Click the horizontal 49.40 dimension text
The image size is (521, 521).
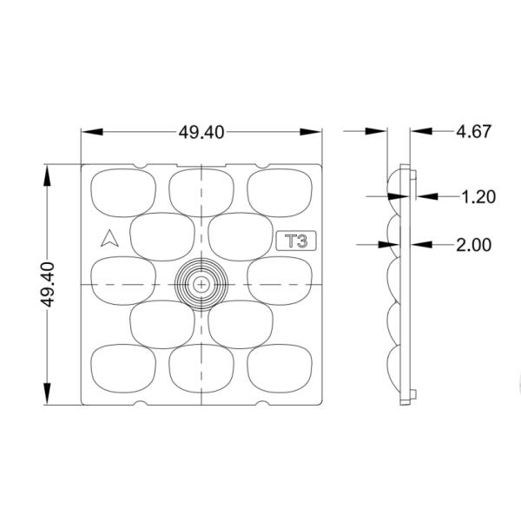[x=201, y=133]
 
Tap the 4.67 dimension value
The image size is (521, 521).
[x=474, y=133]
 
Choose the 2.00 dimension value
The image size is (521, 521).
[x=474, y=245]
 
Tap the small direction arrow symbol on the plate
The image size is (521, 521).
[x=109, y=236]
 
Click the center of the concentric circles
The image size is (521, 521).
[x=201, y=284]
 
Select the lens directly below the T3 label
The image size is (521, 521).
[x=280, y=280]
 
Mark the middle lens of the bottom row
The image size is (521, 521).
[x=201, y=368]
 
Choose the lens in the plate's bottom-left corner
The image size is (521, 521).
[x=124, y=368]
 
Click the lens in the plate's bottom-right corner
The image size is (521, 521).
[x=280, y=368]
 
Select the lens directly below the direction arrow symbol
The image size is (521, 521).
[x=124, y=280]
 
